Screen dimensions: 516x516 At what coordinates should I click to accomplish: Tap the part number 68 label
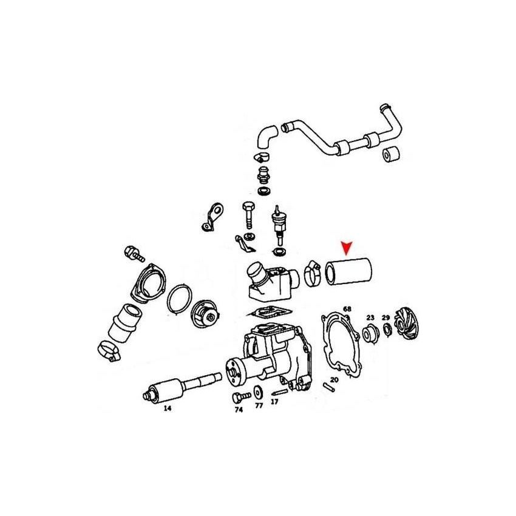coord(347,310)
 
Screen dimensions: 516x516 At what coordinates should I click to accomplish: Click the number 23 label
coord(370,317)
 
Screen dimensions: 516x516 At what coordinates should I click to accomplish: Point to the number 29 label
coord(386,317)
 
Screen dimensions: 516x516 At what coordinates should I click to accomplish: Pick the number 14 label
coord(167,409)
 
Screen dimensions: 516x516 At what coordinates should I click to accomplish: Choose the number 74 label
coord(239,410)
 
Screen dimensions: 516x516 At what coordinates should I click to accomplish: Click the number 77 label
coord(259,406)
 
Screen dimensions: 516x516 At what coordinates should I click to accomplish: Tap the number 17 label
coord(274,402)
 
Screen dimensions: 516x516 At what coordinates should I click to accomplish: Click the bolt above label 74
coord(239,397)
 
